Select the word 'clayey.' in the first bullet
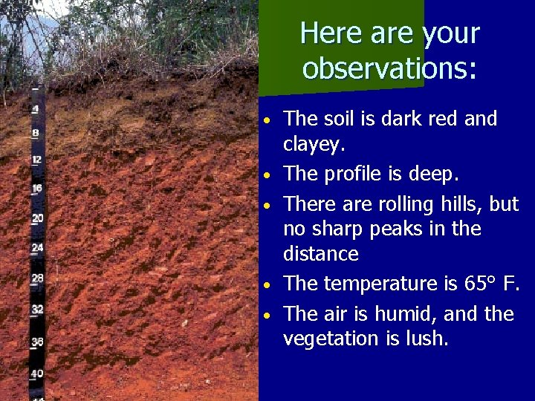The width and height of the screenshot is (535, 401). pos(314,146)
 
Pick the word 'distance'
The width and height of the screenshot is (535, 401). pos(321,254)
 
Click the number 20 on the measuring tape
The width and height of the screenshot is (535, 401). pos(37,218)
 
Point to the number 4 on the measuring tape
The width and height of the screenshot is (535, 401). pos(35,109)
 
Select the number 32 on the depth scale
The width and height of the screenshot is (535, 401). pos(37,309)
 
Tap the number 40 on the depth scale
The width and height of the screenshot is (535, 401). pos(37,373)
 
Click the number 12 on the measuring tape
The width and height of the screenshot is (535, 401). pos(36,160)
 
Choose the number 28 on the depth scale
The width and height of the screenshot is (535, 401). pos(37,278)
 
